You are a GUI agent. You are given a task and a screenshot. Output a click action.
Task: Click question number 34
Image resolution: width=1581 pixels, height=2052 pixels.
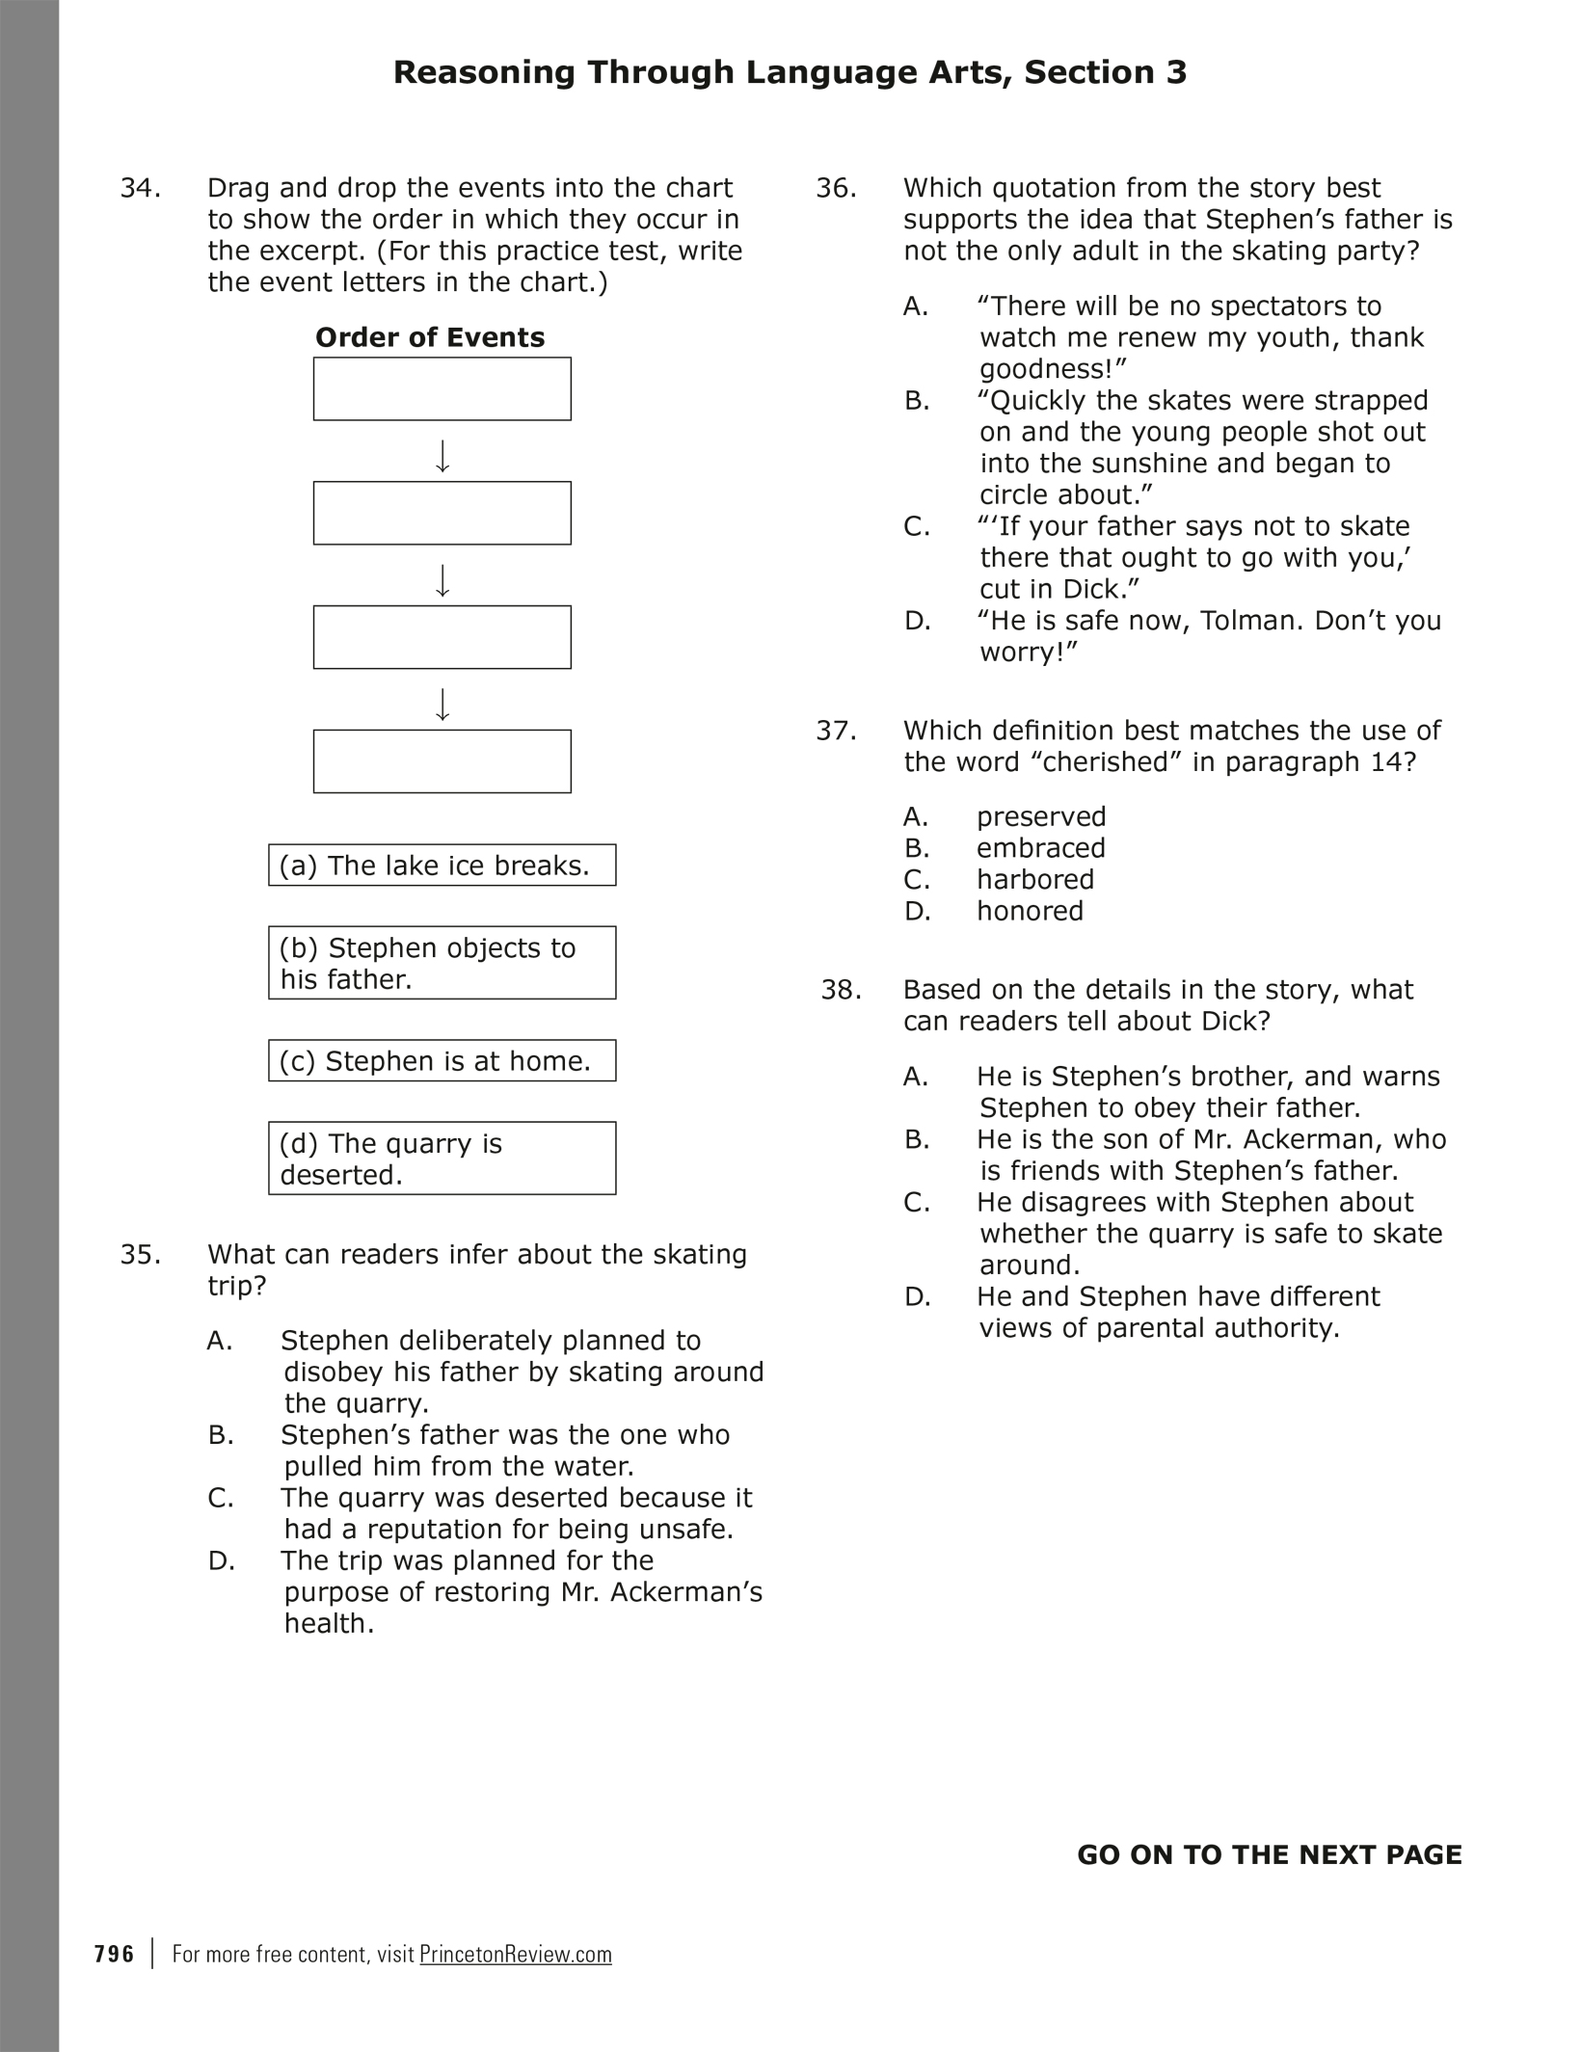coord(140,188)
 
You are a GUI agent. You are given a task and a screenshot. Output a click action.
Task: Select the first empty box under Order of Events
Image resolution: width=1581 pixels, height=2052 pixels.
coord(442,389)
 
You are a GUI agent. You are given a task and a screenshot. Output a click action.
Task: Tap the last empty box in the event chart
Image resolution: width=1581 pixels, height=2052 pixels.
coord(442,761)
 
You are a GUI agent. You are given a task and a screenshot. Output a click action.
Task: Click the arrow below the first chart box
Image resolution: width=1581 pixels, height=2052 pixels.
coord(442,456)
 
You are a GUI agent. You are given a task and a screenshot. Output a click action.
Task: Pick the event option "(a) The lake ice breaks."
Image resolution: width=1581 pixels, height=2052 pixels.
coord(442,866)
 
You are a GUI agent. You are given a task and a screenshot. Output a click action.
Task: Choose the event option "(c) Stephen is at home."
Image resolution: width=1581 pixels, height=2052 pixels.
coord(442,1061)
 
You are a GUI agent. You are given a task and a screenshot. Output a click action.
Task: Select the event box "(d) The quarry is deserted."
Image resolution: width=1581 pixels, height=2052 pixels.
coord(442,1159)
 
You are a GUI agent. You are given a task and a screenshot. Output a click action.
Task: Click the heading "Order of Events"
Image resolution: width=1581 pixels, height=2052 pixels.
coord(430,337)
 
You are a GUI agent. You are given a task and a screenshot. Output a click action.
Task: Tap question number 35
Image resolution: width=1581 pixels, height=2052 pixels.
coord(140,1255)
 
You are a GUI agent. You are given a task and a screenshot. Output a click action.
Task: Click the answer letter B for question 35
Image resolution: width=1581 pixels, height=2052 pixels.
coord(221,1435)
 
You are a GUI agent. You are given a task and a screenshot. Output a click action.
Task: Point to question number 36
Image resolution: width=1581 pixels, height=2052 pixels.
coord(836,188)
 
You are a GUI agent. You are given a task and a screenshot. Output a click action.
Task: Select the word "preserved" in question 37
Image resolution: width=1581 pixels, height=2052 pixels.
coord(1041,817)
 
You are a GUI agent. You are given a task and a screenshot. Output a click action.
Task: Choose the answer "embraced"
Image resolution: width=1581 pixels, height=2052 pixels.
coord(1041,848)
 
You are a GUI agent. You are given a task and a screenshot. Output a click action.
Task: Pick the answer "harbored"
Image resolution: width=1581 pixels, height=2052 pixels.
coord(1035,880)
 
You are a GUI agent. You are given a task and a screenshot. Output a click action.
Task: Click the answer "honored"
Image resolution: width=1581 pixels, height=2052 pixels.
coord(1030,911)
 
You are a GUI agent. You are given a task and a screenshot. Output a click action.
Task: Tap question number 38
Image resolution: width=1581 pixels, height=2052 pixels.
coord(841,990)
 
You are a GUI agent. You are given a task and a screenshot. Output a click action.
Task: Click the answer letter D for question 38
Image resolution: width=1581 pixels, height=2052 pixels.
coord(917,1297)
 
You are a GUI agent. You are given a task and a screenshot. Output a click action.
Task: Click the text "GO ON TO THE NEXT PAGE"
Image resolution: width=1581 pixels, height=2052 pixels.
coord(1269,1855)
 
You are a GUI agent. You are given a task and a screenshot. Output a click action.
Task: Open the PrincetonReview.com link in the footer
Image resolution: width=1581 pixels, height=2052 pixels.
coord(516,1955)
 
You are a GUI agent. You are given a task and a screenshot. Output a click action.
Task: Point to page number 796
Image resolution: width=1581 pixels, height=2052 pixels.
coord(115,1955)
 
